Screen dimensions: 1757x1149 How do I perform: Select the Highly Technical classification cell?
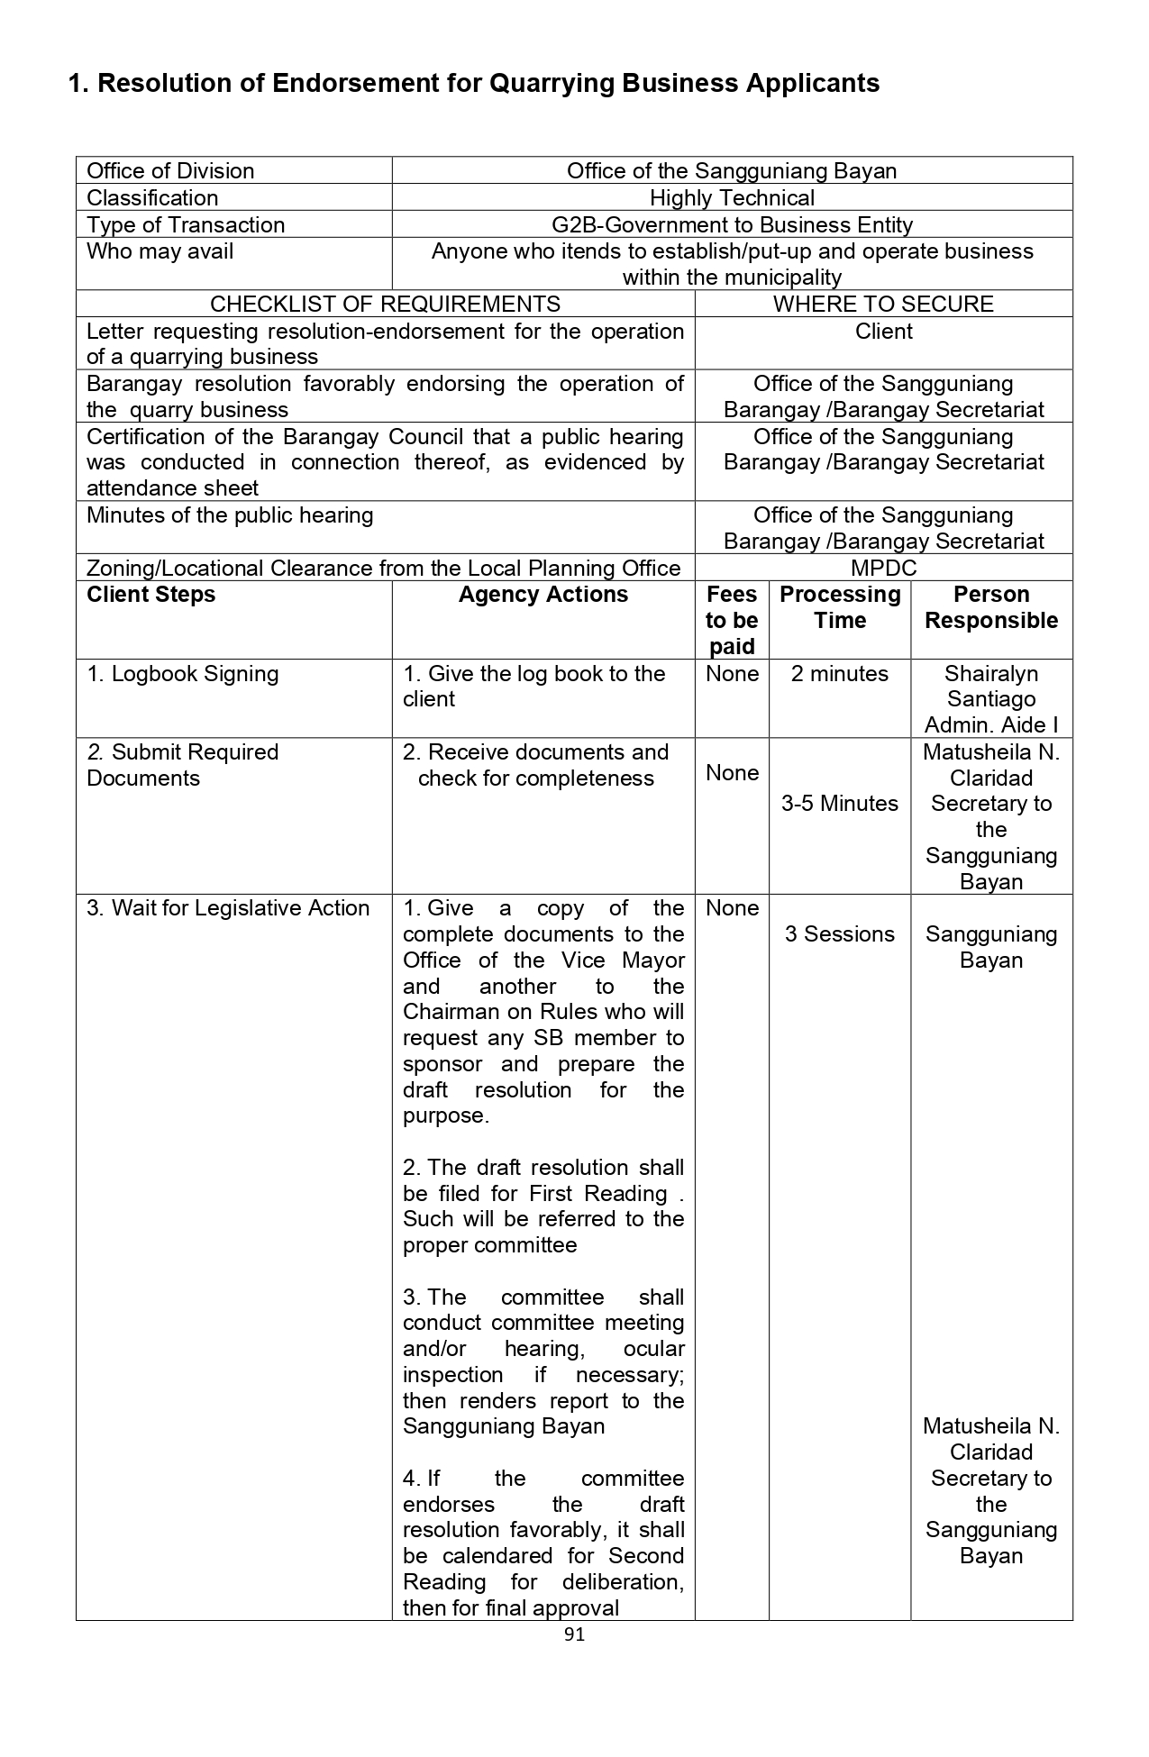pos(732,198)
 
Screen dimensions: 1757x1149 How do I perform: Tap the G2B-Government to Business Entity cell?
pos(732,225)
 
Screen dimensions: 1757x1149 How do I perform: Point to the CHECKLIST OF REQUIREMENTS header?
pos(385,305)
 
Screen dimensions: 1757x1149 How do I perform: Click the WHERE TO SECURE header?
pos(883,305)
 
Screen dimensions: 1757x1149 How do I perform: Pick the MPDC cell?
pos(883,569)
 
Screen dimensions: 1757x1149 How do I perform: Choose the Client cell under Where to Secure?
pos(883,332)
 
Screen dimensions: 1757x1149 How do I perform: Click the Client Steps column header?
pos(151,595)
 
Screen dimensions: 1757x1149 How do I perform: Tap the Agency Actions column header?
pos(543,595)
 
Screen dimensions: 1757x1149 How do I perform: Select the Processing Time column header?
pos(840,607)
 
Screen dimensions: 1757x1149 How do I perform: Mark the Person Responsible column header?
pos(991,607)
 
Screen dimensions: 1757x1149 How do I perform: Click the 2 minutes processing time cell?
pos(840,674)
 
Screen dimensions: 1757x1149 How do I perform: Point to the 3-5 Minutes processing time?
pos(840,804)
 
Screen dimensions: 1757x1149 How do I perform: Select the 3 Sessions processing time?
pos(840,934)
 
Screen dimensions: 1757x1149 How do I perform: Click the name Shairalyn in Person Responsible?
pos(991,674)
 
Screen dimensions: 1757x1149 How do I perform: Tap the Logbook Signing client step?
pos(183,674)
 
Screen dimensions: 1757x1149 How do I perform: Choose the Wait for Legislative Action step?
pos(228,908)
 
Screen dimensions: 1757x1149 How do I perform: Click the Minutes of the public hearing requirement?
pos(230,515)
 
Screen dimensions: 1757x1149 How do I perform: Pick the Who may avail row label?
pos(160,251)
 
